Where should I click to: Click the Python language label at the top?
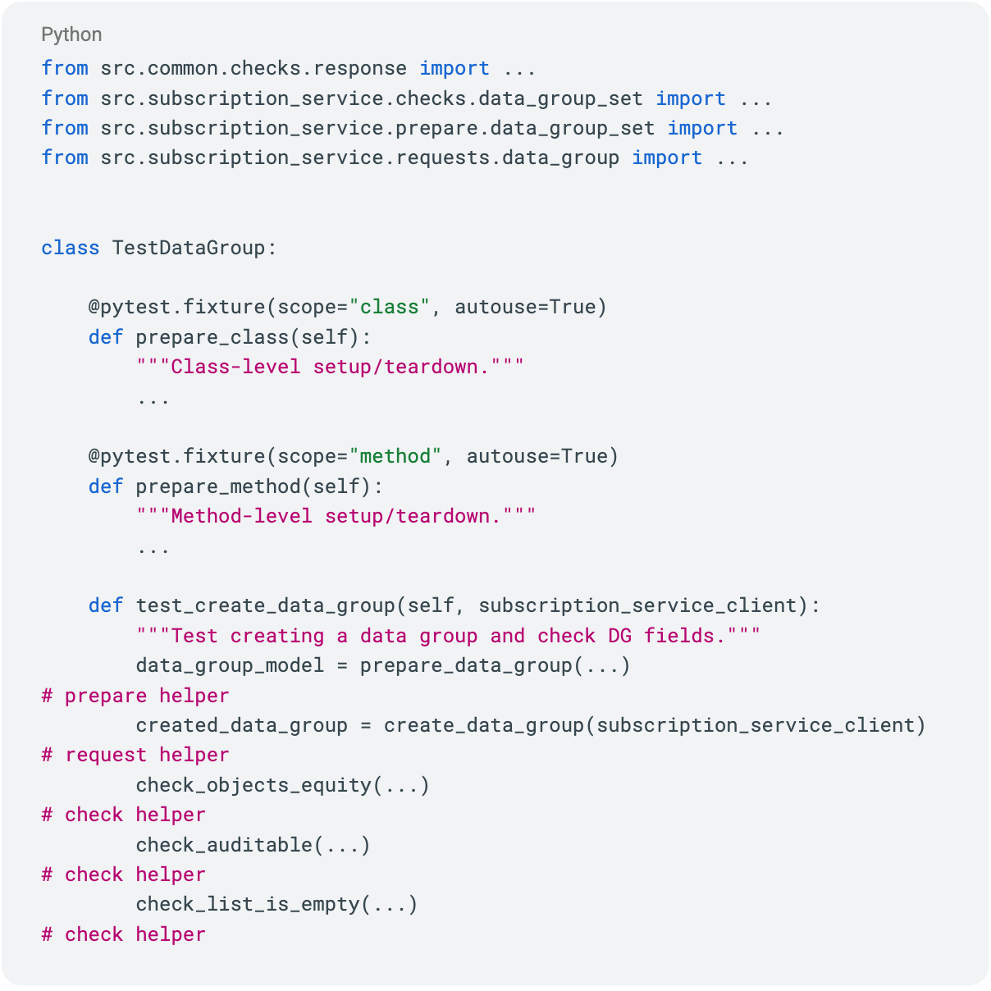tap(71, 34)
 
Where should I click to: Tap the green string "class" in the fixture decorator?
tap(390, 307)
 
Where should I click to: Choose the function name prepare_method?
tap(217, 486)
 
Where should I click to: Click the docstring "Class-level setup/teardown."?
tap(330, 367)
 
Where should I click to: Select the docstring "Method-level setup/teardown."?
tap(336, 516)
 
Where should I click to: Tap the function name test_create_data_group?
tap(265, 605)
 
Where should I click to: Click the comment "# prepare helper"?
tap(135, 696)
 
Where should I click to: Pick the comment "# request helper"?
tap(135, 755)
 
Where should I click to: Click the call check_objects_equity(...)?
tap(282, 785)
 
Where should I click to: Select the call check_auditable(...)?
tap(253, 844)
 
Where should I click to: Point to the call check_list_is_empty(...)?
tap(276, 904)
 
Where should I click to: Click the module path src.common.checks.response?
tap(253, 68)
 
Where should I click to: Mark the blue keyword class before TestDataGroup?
tap(71, 248)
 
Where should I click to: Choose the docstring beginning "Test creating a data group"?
tap(448, 636)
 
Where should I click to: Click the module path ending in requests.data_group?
tap(359, 158)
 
